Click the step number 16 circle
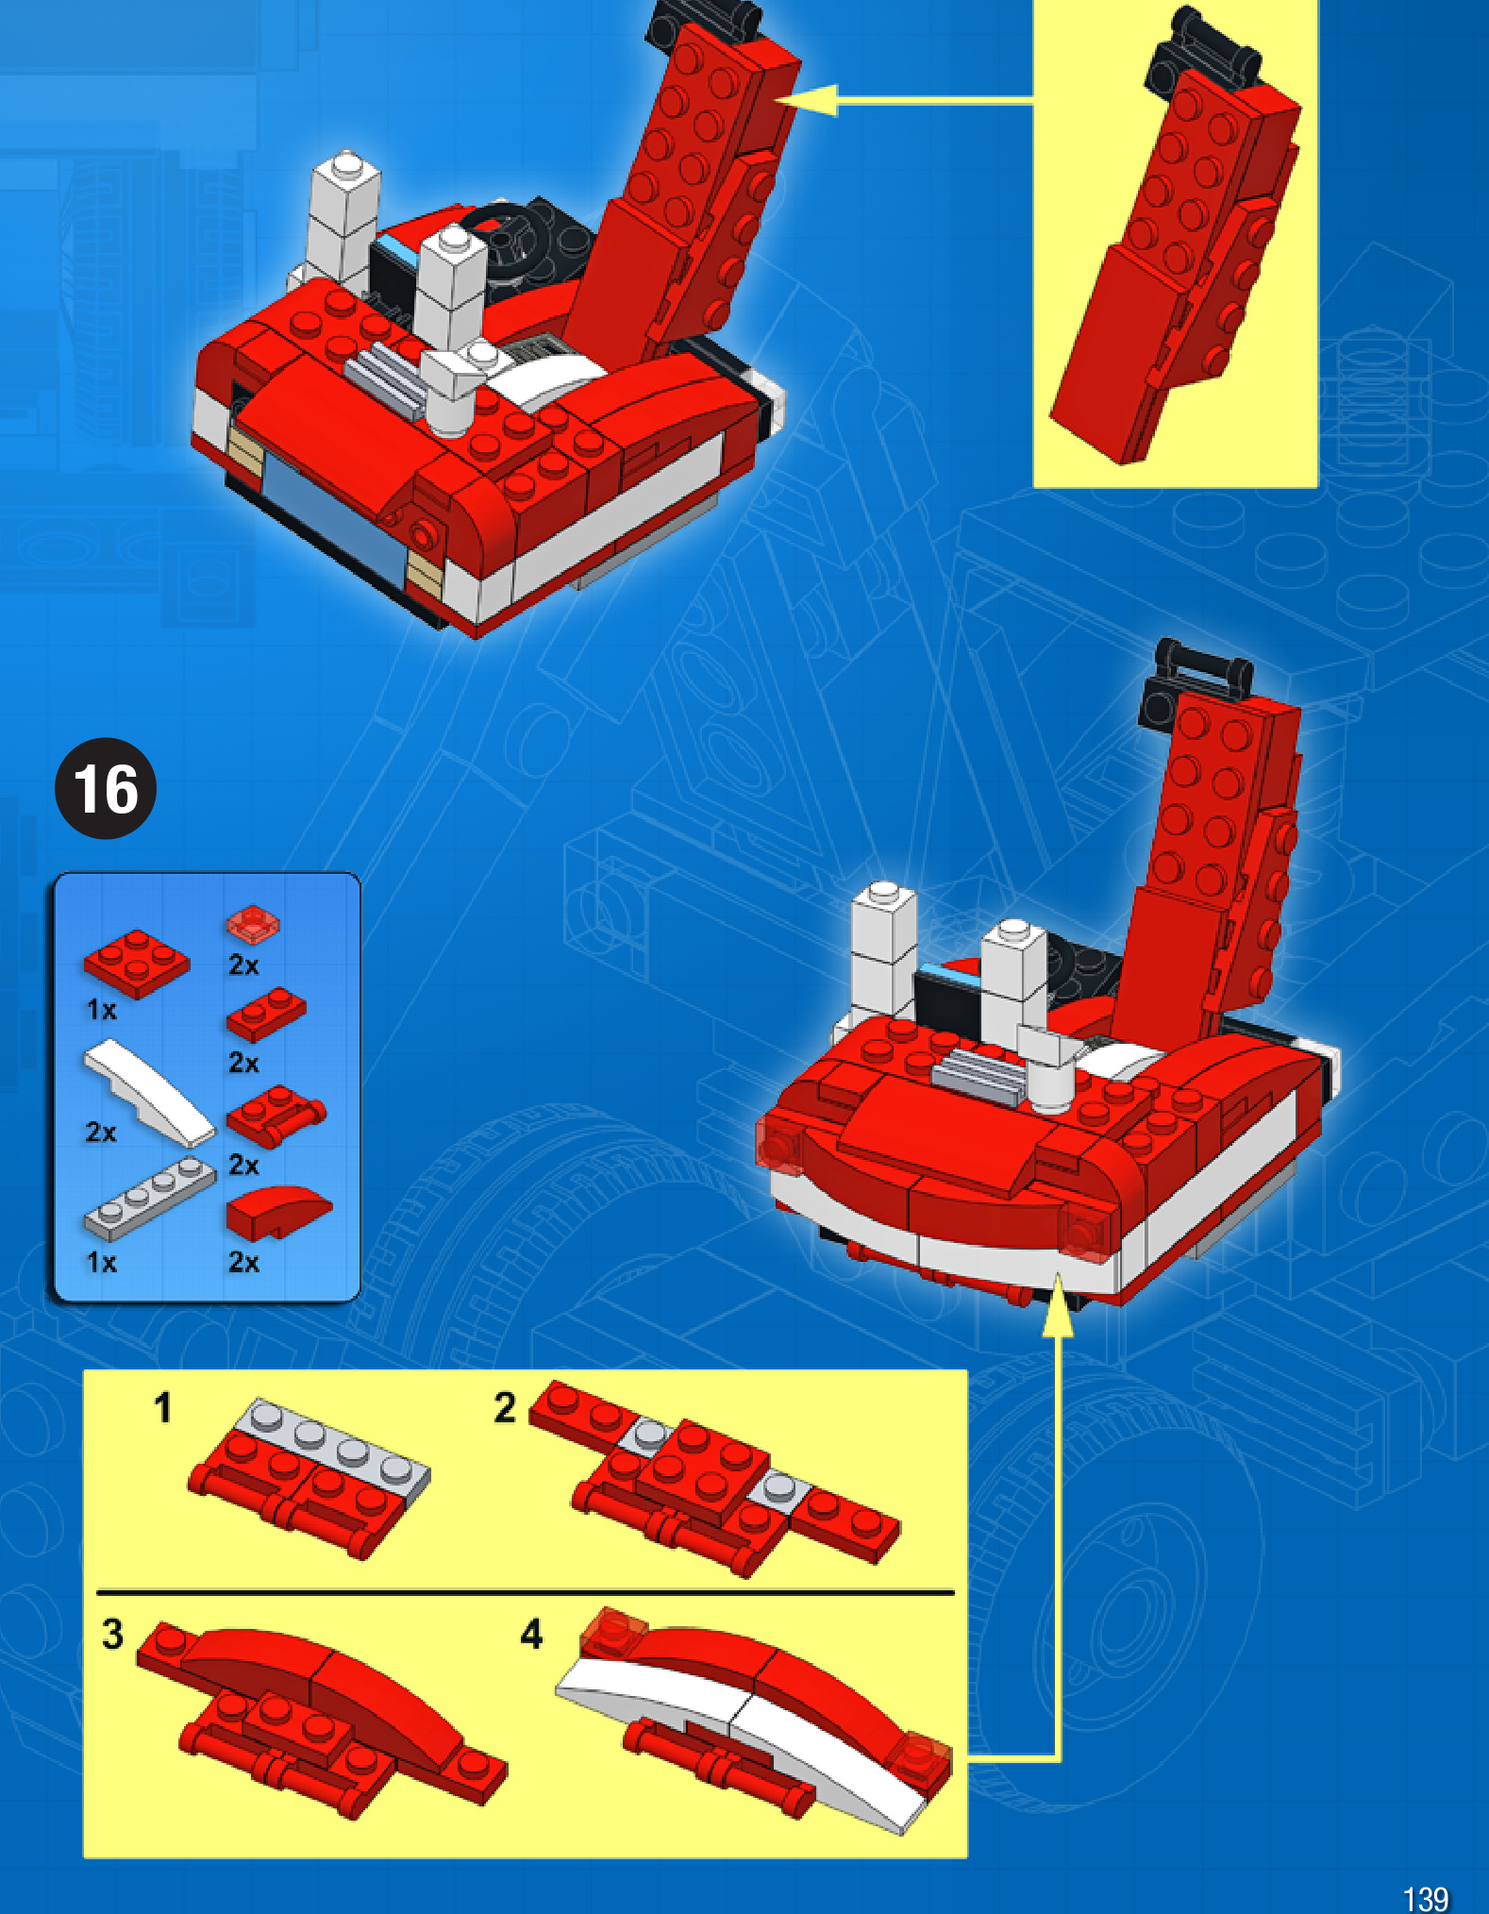pyautogui.click(x=106, y=788)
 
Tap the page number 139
pyautogui.click(x=1425, y=1898)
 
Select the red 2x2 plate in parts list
pyautogui.click(x=137, y=963)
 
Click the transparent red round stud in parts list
pyautogui.click(x=253, y=923)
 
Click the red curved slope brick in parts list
pyautogui.click(x=276, y=1212)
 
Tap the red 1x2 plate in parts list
pyautogui.click(x=266, y=1013)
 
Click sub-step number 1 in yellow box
pyautogui.click(x=162, y=1407)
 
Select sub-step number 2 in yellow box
pyautogui.click(x=505, y=1407)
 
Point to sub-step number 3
pyautogui.click(x=112, y=1634)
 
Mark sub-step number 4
pyautogui.click(x=531, y=1634)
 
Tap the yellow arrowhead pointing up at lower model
pyautogui.click(x=1058, y=1302)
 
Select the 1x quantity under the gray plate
pyautogui.click(x=101, y=1262)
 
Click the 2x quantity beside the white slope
pyautogui.click(x=101, y=1132)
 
